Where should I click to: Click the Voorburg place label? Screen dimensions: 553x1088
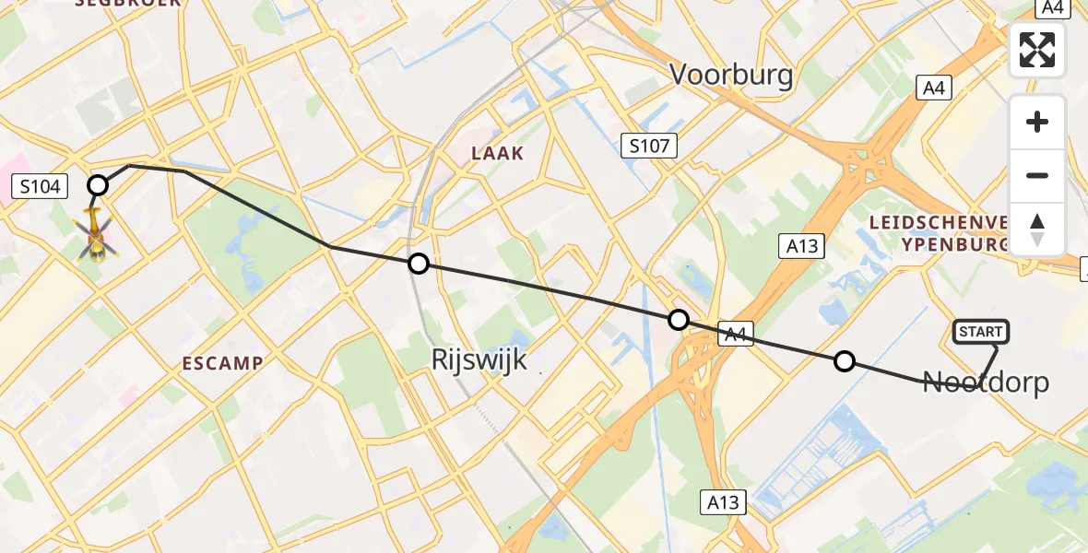pyautogui.click(x=731, y=74)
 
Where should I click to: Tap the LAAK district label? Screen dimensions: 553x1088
pyautogui.click(x=498, y=154)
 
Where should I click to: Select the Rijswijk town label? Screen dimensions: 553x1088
pyautogui.click(x=479, y=359)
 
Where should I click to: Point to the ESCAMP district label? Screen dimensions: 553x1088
pyautogui.click(x=221, y=363)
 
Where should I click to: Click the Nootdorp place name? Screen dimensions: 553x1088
pyautogui.click(x=986, y=382)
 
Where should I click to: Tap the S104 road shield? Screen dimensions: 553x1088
pyautogui.click(x=40, y=187)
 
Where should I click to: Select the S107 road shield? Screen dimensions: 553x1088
pyautogui.click(x=649, y=145)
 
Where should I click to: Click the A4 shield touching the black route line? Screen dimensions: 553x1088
pyautogui.click(x=734, y=336)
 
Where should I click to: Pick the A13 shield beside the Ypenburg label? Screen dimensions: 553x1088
pyautogui.click(x=800, y=245)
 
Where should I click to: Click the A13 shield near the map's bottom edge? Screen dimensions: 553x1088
pyautogui.click(x=723, y=502)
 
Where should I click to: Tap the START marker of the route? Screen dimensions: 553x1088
pyautogui.click(x=981, y=332)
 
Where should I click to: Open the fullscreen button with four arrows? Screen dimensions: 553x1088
pyautogui.click(x=1037, y=50)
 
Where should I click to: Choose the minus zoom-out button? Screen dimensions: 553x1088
pyautogui.click(x=1037, y=175)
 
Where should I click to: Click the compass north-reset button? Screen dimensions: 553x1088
pyautogui.click(x=1037, y=229)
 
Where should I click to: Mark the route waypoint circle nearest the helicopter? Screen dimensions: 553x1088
pyautogui.click(x=98, y=186)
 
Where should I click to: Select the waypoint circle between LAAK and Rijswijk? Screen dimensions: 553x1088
pyautogui.click(x=419, y=265)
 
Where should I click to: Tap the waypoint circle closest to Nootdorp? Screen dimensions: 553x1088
pyautogui.click(x=845, y=361)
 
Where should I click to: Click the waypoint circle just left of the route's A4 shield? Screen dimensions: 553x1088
pyautogui.click(x=679, y=320)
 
